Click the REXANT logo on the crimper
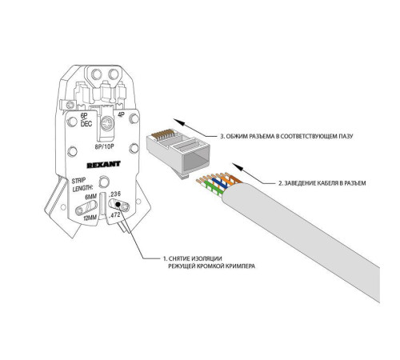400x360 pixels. pos(103,165)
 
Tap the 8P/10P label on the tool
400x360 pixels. pos(104,146)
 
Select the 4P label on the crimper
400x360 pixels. pos(121,114)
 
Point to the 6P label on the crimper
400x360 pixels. pos(84,116)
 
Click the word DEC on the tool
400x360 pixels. pos(86,123)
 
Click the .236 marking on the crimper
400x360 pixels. pos(115,194)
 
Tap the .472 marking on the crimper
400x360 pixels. pos(114,215)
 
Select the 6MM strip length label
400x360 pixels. pos(90,197)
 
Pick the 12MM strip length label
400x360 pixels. pos(90,218)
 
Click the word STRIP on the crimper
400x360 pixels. pos(78,181)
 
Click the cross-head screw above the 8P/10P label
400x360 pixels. pos(107,124)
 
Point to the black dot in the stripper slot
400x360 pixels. pos(118,205)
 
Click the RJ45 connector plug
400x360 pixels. pos(178,153)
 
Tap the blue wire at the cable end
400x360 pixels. pos(221,182)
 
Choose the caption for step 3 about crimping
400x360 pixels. pos(286,136)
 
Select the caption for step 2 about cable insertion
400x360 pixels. pos(322,183)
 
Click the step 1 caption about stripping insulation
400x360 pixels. pos(209,262)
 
